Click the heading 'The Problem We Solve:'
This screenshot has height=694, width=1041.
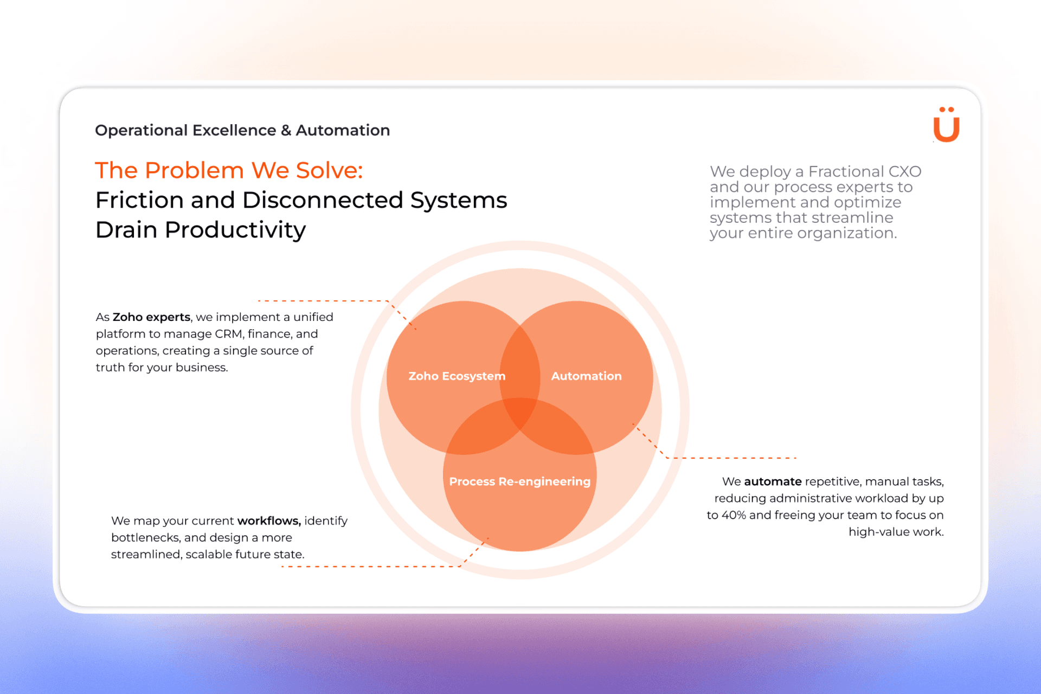tap(229, 170)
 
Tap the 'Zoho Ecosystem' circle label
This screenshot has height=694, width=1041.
tap(457, 376)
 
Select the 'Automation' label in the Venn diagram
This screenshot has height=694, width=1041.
tap(586, 376)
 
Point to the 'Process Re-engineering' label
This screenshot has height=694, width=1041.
tap(519, 481)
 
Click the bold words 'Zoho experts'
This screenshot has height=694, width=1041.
tap(151, 317)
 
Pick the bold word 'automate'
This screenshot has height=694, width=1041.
tap(773, 481)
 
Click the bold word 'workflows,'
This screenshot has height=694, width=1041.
tap(269, 520)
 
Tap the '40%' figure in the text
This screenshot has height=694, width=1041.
tap(734, 515)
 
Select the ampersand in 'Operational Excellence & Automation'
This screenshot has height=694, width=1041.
tap(286, 130)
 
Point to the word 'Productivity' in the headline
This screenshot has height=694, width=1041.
tap(235, 230)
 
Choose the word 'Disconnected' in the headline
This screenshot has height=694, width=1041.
tap(323, 200)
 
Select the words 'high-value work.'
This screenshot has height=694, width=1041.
tap(896, 532)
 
